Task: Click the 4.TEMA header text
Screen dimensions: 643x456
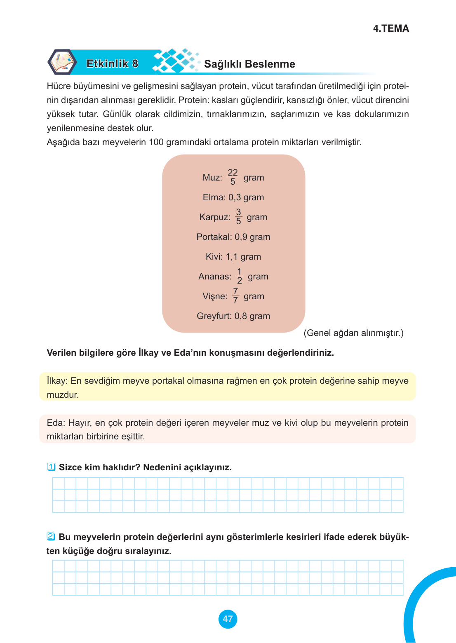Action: click(390, 28)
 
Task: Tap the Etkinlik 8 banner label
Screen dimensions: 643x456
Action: click(112, 63)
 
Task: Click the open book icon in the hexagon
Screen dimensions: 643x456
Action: click(62, 62)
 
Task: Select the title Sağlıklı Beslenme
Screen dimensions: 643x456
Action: click(249, 64)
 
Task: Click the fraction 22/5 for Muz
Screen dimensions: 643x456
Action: click(233, 177)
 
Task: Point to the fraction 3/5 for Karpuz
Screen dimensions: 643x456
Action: click(238, 216)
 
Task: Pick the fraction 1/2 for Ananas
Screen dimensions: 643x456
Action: click(239, 276)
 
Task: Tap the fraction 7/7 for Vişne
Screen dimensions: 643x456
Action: click(235, 296)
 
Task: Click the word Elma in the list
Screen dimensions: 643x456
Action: click(213, 197)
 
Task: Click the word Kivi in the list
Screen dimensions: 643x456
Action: click(214, 257)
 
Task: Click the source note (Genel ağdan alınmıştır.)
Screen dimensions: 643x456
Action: click(353, 333)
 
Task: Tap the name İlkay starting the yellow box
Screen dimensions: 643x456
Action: click(56, 381)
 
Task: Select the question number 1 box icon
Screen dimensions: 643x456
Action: click(51, 467)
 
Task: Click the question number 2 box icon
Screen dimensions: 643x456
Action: click(51, 537)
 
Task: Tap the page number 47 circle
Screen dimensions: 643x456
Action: click(228, 619)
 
